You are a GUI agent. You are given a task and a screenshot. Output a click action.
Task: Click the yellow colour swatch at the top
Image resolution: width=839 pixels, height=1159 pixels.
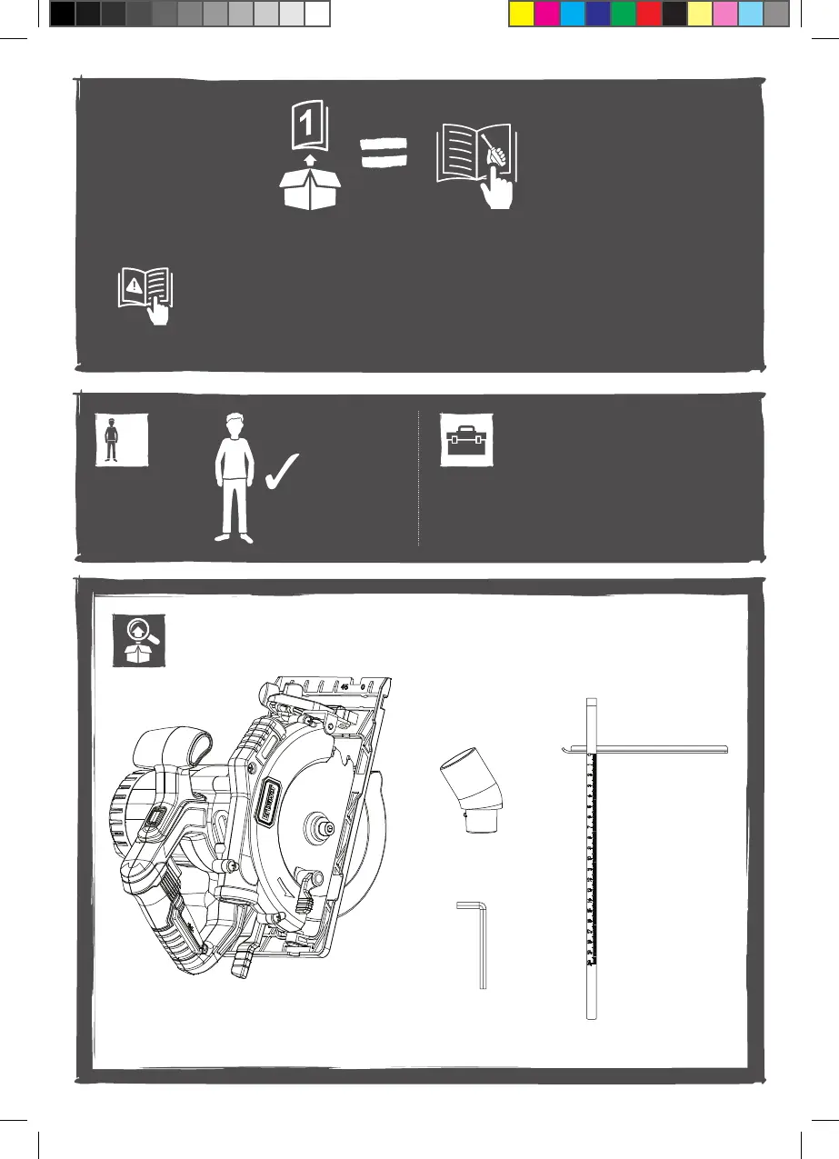tap(521, 15)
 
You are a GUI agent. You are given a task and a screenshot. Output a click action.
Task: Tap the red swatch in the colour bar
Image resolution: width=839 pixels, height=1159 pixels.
tap(648, 15)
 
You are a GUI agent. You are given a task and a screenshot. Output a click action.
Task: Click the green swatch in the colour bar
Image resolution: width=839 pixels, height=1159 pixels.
tap(623, 15)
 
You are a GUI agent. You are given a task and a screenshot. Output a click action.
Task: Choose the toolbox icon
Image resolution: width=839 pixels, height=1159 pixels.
tap(465, 440)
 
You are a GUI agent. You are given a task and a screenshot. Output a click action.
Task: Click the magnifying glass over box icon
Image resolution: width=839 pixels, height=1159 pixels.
tap(138, 639)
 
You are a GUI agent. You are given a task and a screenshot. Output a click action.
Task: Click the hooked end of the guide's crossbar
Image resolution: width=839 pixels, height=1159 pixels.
tap(566, 749)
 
